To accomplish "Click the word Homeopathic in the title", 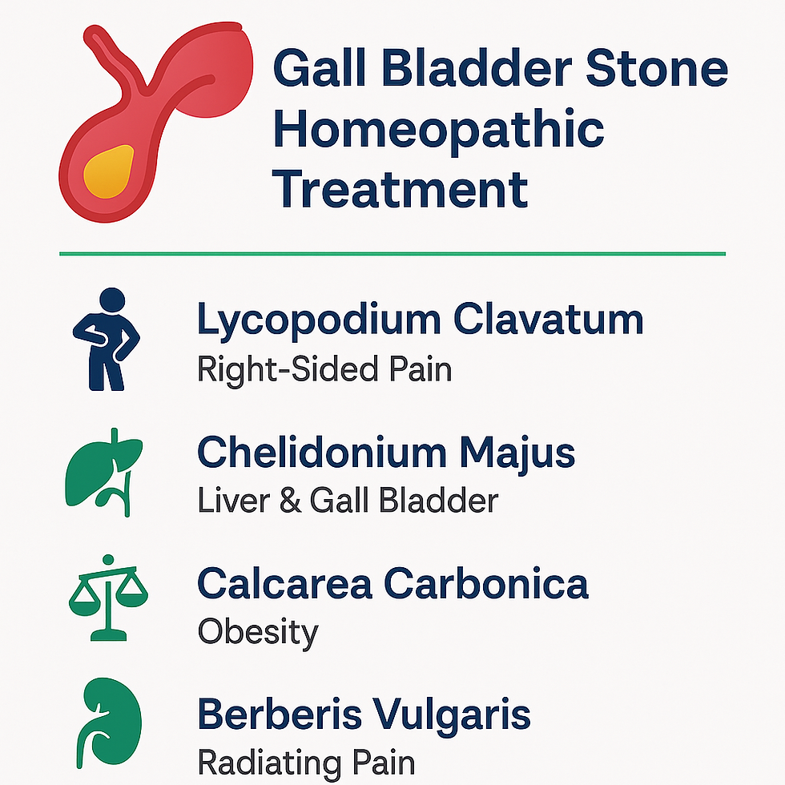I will pos(438,130).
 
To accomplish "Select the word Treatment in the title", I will pos(401,191).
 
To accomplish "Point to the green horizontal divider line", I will pos(392,254).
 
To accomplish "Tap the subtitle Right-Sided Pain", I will pos(324,369).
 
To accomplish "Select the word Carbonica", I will pos(486,584).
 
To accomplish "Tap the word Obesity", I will pos(257,633).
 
